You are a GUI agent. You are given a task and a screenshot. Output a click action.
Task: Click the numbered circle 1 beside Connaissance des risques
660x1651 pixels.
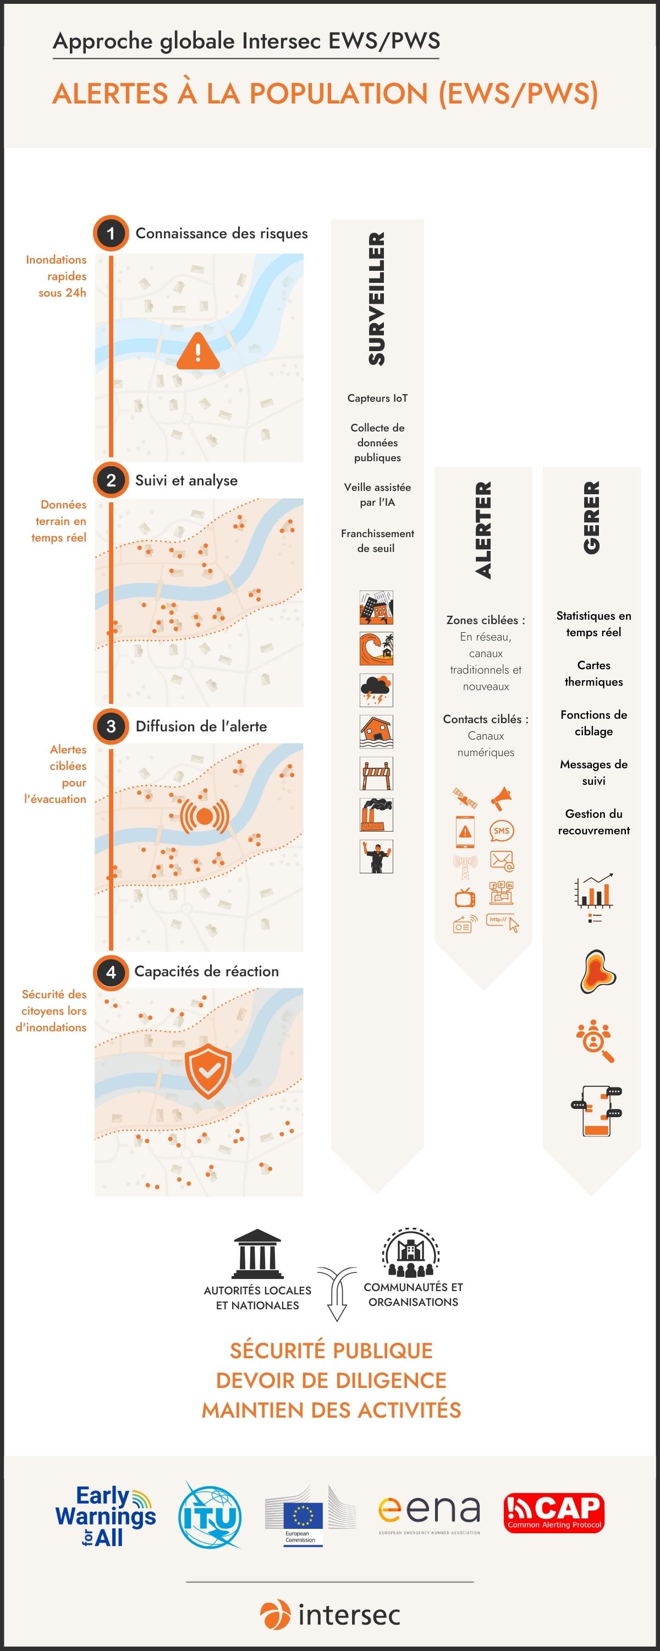coord(111,233)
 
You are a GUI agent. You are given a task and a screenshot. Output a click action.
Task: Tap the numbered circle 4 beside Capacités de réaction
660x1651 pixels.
coord(111,972)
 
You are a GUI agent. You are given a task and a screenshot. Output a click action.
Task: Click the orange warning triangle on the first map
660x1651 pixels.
coord(198,351)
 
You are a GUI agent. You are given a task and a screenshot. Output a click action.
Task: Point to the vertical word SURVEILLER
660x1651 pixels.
coord(377,299)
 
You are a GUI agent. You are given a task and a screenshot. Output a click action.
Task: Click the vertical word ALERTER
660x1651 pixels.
coord(483,530)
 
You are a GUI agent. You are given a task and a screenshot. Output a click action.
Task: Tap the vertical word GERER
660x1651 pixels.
coord(591,518)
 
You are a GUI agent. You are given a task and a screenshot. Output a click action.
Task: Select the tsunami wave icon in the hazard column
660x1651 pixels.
coord(376,649)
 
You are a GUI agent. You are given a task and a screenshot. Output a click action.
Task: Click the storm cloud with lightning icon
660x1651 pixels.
coord(376,690)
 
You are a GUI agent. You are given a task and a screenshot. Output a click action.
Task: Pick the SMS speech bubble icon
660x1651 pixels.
coord(502,830)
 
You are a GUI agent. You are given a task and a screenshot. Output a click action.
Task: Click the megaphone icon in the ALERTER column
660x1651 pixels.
coord(501,798)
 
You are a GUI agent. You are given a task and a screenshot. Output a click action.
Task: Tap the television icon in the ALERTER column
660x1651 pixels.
coord(465,897)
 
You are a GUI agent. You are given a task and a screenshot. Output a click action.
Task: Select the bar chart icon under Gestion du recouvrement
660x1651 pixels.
coord(594,890)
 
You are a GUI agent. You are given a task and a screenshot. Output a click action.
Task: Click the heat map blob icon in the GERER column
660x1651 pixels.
coord(597,972)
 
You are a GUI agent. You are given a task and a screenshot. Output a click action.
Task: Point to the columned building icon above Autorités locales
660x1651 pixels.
coord(257,1254)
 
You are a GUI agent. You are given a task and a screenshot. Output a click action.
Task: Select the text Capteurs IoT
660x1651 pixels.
coord(377,398)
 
